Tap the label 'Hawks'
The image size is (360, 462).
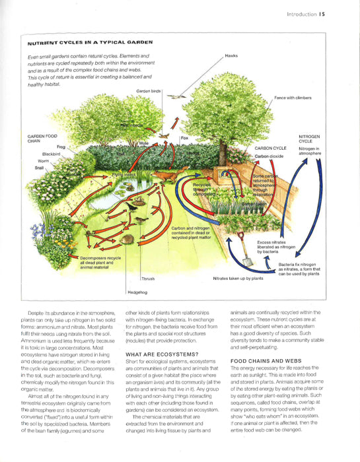click(231, 56)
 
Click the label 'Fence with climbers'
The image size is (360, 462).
click(295, 98)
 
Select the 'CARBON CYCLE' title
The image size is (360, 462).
click(271, 148)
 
